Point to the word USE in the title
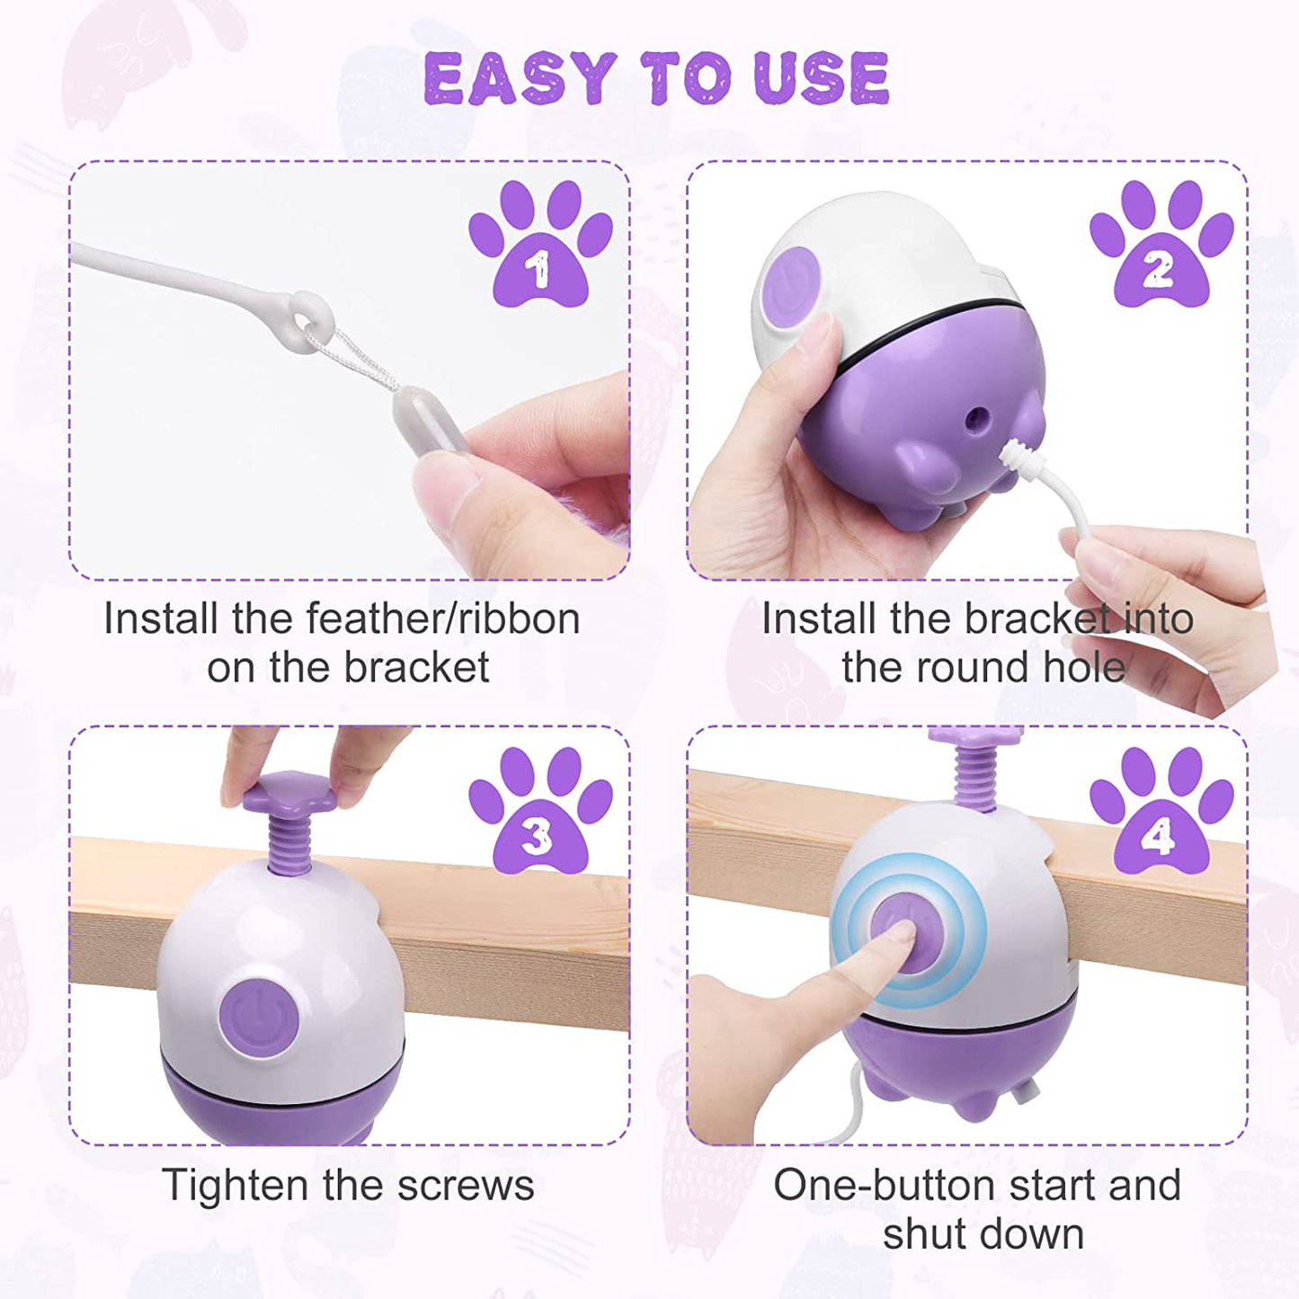click(x=822, y=78)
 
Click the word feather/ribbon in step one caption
click(x=442, y=618)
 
